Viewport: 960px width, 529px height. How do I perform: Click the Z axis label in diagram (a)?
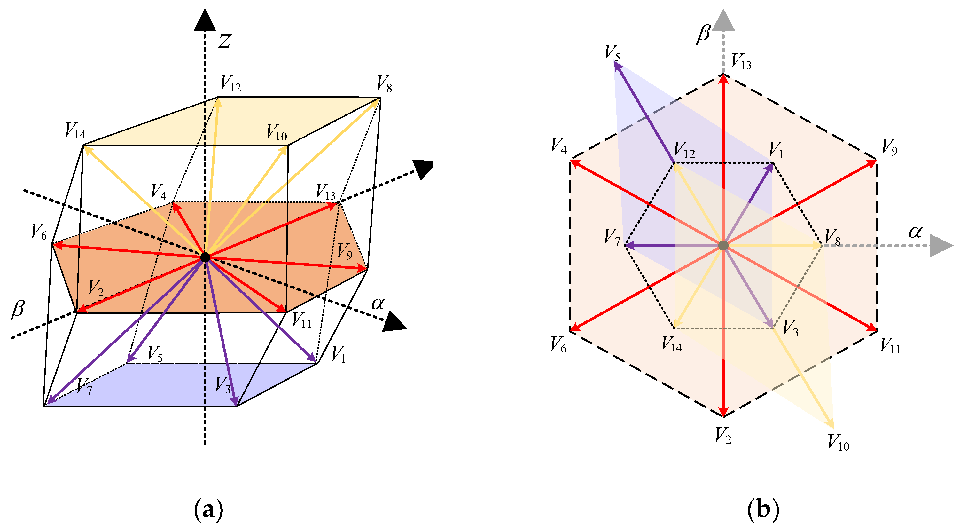pyautogui.click(x=225, y=41)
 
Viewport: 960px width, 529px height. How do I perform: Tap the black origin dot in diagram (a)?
pyautogui.click(x=205, y=257)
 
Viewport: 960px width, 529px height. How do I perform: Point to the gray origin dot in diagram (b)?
pyautogui.click(x=723, y=245)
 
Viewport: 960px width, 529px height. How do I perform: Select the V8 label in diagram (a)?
pyautogui.click(x=384, y=84)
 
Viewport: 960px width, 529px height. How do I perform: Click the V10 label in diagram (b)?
pyautogui.click(x=838, y=443)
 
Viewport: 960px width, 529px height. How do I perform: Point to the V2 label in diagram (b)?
pyautogui.click(x=723, y=435)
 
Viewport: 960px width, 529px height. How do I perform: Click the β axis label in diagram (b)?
pyautogui.click(x=703, y=34)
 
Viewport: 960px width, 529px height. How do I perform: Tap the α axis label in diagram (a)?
pyautogui.click(x=378, y=304)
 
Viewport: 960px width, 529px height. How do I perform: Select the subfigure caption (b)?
pyautogui.click(x=763, y=510)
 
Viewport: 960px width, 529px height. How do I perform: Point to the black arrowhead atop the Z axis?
pyautogui.click(x=205, y=21)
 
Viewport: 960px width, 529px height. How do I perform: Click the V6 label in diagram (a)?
pyautogui.click(x=39, y=232)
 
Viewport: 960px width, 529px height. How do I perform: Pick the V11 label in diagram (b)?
pyautogui.click(x=890, y=346)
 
